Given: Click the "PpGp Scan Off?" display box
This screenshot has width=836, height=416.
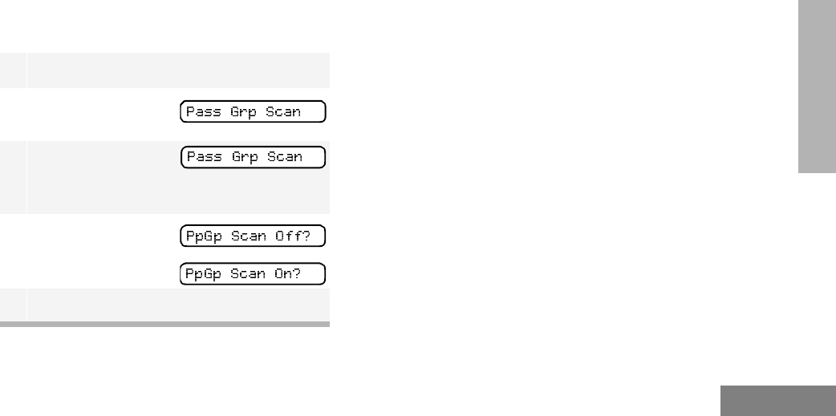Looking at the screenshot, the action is (x=253, y=236).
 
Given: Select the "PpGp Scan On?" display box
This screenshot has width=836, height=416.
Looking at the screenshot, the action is (x=253, y=273).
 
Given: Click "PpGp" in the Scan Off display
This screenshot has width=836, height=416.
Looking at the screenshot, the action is (x=203, y=237).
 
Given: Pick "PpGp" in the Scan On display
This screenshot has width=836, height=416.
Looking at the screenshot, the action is (x=203, y=274).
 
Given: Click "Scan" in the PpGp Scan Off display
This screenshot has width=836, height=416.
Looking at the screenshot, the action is (x=246, y=237).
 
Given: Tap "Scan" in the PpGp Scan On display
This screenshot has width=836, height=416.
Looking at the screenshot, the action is (x=246, y=274).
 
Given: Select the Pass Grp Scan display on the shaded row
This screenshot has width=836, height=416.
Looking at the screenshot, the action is (x=253, y=157).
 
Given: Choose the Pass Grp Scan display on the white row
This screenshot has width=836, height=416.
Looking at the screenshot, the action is (x=253, y=112).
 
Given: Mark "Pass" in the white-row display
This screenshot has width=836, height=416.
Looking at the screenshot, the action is (x=203, y=112).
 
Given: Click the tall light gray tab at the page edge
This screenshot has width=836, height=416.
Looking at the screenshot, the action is (x=817, y=87).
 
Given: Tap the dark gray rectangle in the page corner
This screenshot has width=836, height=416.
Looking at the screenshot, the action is (x=777, y=401).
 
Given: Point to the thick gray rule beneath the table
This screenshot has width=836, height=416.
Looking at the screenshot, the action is (x=164, y=325).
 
